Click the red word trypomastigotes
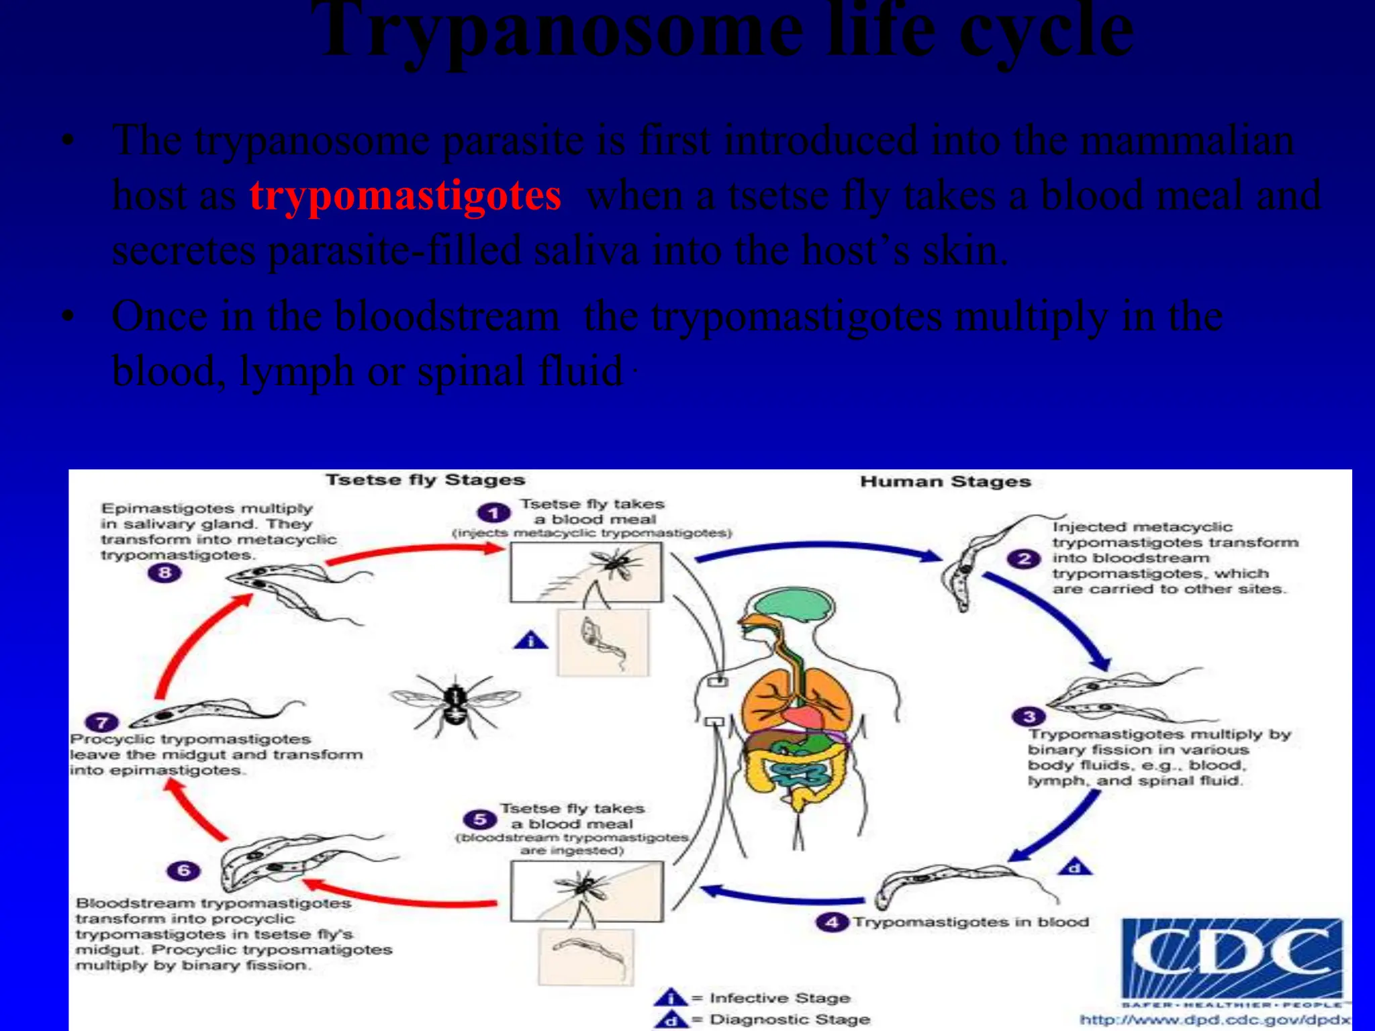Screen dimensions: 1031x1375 (405, 196)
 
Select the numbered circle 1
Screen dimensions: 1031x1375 (493, 513)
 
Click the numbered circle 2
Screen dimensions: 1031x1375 (1023, 558)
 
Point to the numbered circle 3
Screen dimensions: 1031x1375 (1028, 716)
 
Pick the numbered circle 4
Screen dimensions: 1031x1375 (832, 922)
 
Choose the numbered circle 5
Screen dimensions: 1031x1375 (479, 820)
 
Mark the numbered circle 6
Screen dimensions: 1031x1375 (183, 871)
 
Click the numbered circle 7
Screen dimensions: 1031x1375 (102, 723)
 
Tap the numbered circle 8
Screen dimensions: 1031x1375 (164, 573)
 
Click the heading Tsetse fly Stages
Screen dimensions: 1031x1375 (425, 480)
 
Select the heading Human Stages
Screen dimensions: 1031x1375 (945, 481)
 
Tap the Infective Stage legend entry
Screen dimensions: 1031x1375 (779, 998)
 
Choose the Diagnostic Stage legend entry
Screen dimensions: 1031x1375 (789, 1020)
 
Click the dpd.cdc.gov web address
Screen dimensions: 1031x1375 (1214, 1020)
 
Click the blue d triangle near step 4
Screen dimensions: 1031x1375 (1075, 869)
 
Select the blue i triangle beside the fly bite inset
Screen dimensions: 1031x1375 (530, 641)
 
